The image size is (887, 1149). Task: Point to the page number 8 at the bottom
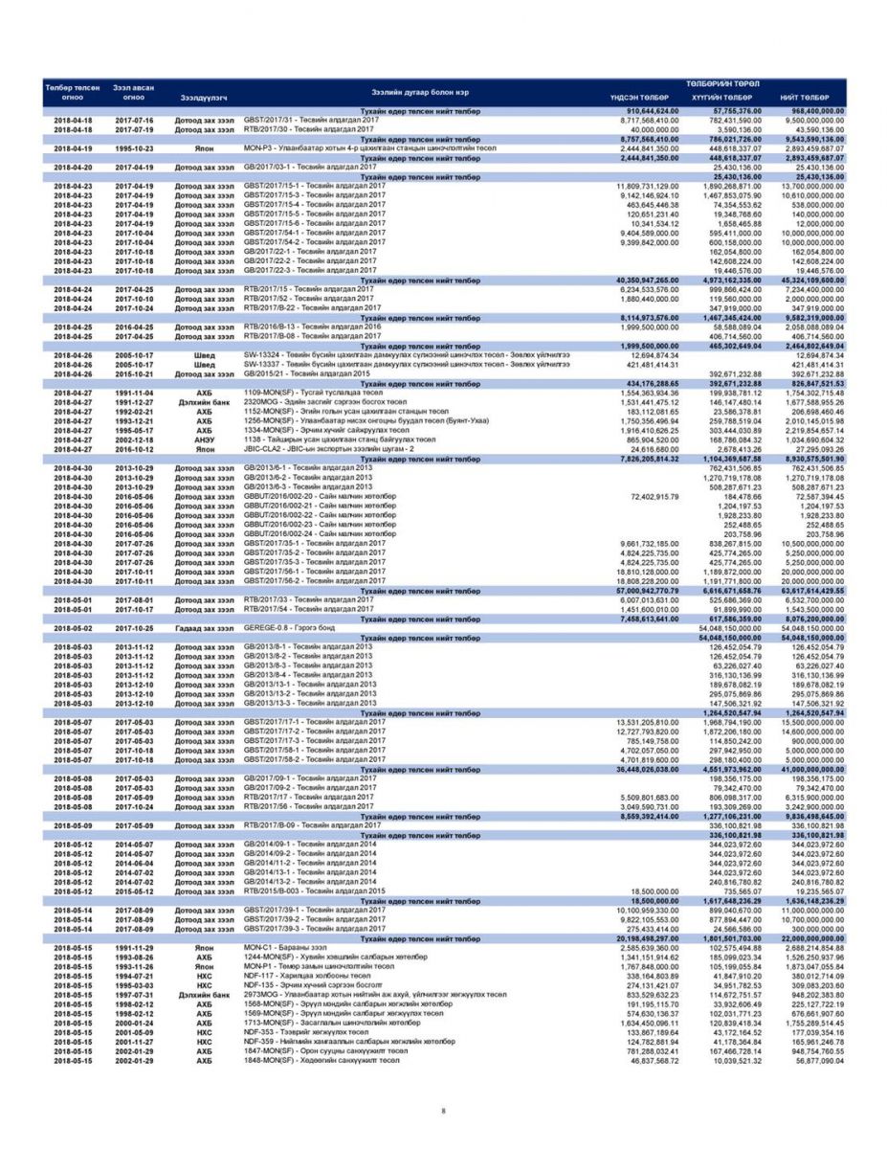pos(443,1111)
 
